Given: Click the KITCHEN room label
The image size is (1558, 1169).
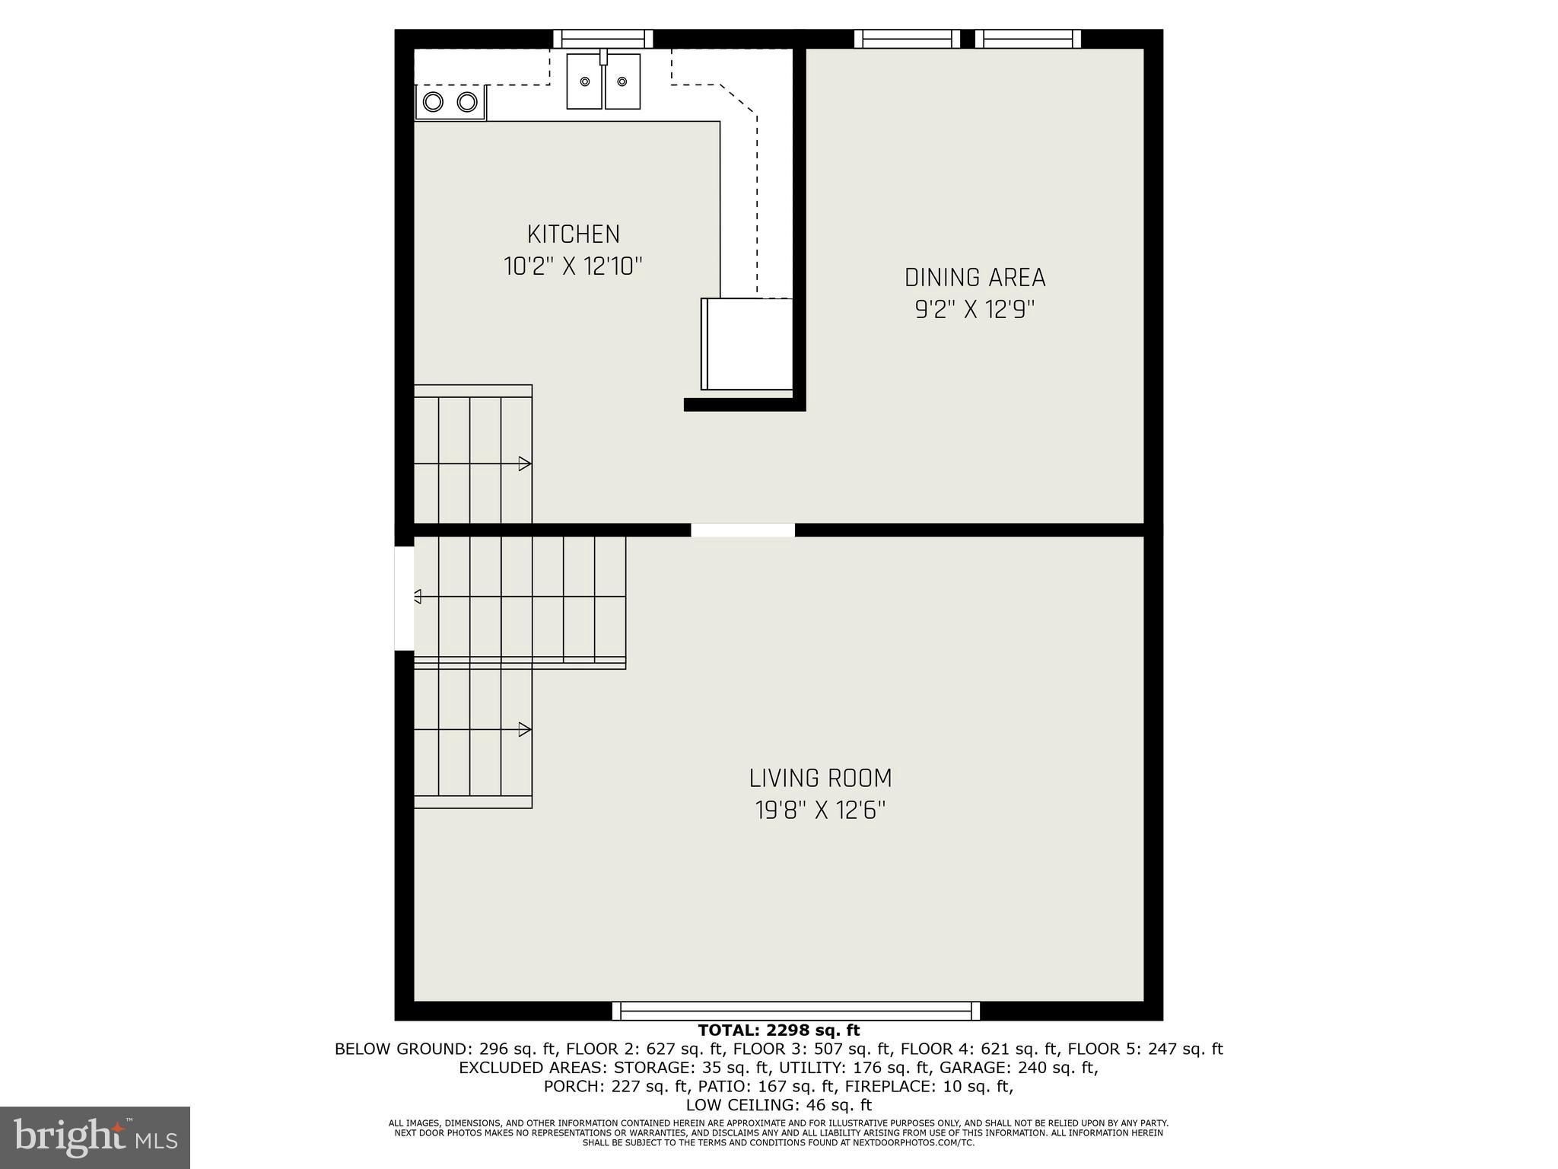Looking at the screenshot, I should coord(574,234).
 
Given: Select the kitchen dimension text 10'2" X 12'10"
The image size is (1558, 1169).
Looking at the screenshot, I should coord(574,266).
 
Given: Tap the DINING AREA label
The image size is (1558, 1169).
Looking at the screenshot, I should coord(975,278).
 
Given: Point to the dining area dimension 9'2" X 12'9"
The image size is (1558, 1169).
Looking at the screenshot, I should coord(975,310).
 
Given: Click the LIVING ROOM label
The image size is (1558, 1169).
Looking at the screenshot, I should coord(820,779).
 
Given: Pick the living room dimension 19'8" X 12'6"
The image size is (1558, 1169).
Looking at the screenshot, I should coord(820,811).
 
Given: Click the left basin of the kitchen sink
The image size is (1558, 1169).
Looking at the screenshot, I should coord(585,81).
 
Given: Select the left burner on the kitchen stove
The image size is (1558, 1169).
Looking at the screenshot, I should coord(434,101).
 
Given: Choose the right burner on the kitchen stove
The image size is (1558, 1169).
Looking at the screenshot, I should coord(467,101).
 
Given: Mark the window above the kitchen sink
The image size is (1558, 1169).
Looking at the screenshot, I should coord(603,39).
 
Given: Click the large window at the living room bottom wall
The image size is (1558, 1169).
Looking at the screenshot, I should coord(796,1011).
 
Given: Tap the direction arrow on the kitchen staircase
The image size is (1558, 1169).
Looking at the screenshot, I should coord(524,463).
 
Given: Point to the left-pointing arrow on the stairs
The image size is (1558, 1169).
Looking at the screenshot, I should coord(417,596).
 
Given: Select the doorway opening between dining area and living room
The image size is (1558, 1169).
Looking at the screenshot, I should coord(742,530).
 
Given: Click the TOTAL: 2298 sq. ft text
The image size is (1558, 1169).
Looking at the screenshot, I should coord(778,1030).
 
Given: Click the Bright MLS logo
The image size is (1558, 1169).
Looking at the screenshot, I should coord(95,1137).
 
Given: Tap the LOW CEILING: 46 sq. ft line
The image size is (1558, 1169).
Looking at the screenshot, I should coord(778,1105).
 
